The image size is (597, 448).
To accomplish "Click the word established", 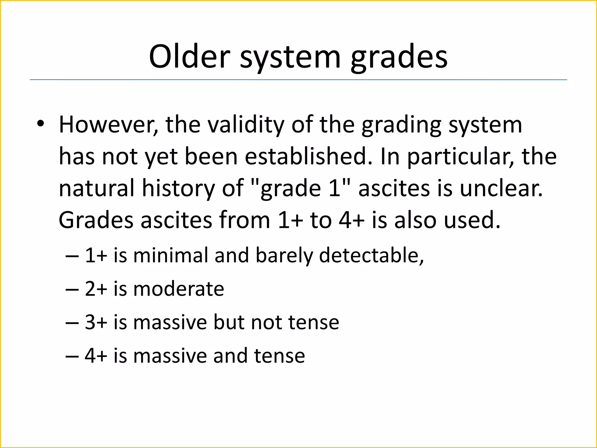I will click(x=309, y=156).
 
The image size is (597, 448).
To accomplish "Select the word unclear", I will click(x=501, y=188).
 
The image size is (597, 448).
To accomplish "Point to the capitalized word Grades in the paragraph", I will click(x=96, y=220).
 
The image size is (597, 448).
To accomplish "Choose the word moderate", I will click(x=179, y=289).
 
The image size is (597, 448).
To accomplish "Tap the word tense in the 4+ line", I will click(x=279, y=356).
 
